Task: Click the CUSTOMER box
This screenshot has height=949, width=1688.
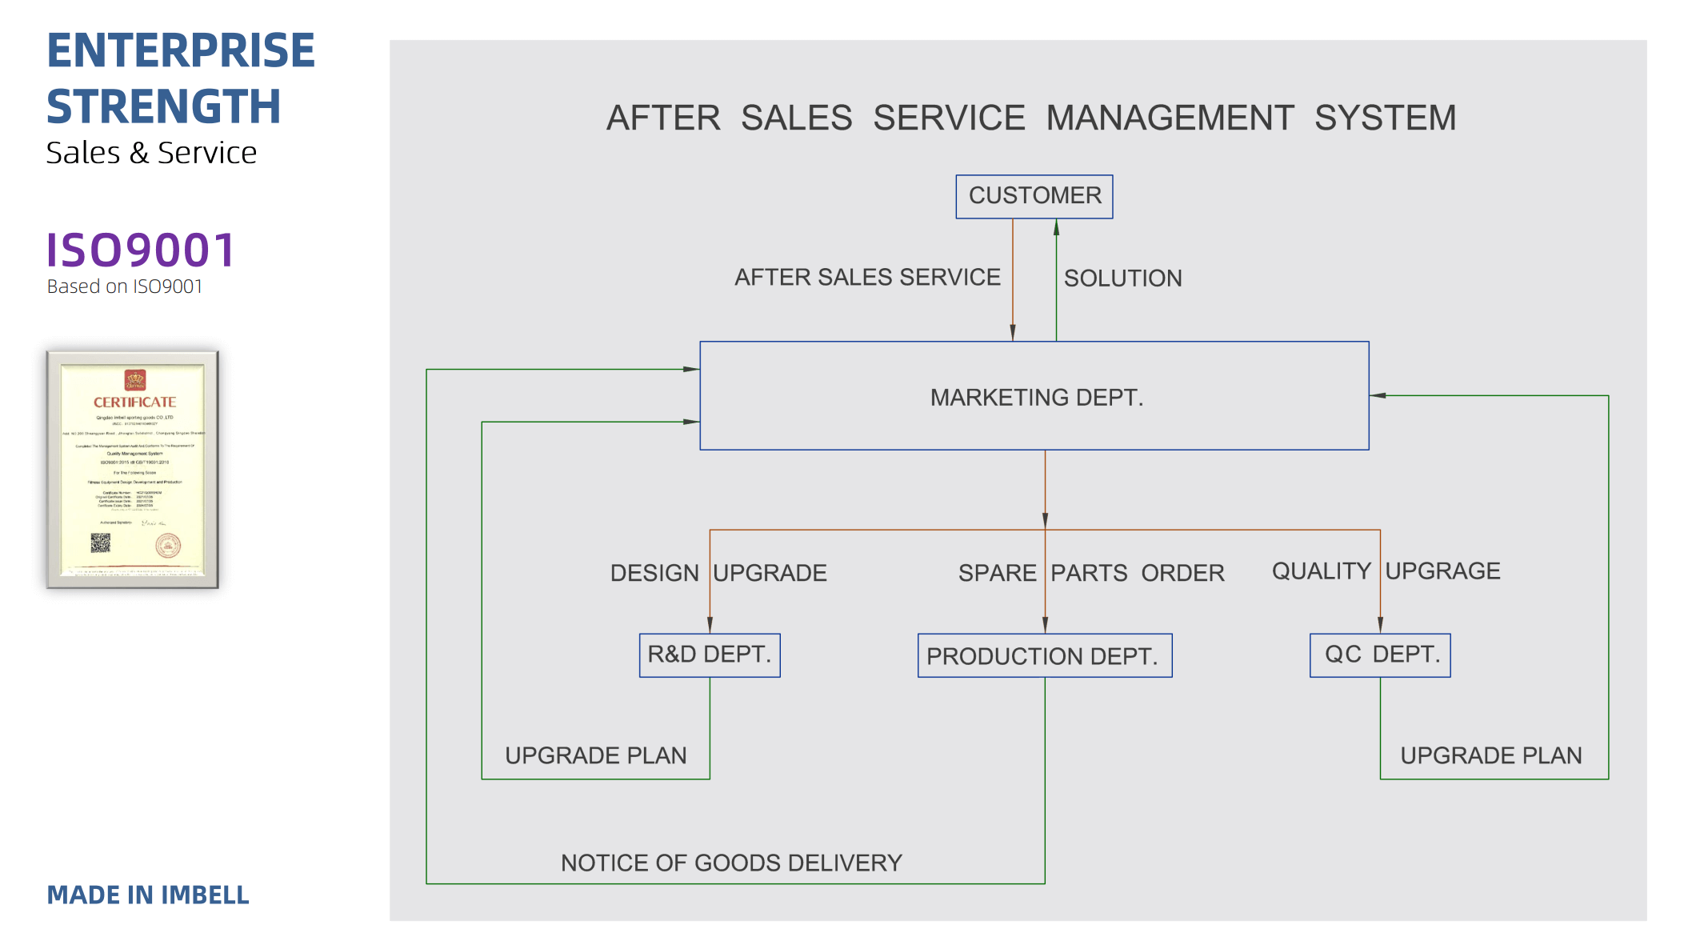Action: (x=1034, y=196)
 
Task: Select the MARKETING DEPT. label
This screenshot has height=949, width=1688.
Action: (x=1037, y=398)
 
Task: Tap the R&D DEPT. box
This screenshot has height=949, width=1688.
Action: (x=710, y=655)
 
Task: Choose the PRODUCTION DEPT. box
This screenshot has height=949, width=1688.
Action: (x=1044, y=656)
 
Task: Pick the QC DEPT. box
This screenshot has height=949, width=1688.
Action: (x=1380, y=655)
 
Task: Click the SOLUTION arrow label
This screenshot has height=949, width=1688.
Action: (x=1122, y=278)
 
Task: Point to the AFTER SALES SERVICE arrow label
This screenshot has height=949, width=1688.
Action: (x=867, y=278)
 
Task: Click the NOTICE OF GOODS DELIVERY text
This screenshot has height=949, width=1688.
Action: (x=731, y=863)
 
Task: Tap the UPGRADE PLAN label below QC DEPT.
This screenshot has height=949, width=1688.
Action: (x=1491, y=755)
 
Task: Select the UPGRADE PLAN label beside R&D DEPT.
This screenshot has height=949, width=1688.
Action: (x=596, y=755)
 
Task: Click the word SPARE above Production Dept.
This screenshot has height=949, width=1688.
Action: (x=997, y=573)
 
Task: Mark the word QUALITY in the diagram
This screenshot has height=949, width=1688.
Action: (x=1322, y=571)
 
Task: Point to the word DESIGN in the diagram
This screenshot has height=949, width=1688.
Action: (x=654, y=573)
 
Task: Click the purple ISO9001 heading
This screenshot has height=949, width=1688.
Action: (x=141, y=250)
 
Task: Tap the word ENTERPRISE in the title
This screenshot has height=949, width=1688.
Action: (x=181, y=50)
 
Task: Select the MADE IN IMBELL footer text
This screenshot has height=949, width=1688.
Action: (x=148, y=895)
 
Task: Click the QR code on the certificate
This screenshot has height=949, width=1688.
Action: (x=100, y=543)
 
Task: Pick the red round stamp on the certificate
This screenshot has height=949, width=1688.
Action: (x=168, y=546)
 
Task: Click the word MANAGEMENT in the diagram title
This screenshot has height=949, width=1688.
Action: (x=1170, y=118)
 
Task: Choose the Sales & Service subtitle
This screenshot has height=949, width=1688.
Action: (x=151, y=153)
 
